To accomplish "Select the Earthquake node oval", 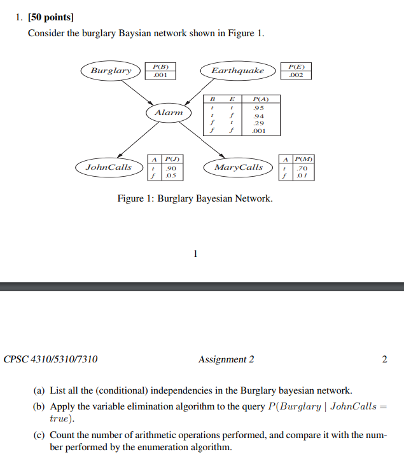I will [238, 71].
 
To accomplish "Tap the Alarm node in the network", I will [169, 113].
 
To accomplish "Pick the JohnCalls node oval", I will [109, 167].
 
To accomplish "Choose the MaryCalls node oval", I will [238, 167].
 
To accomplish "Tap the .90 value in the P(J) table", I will [171, 167].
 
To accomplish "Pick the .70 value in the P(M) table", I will [302, 167].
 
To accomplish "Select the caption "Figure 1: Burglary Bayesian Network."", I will [195, 199].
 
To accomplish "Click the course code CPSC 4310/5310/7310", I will [51, 359].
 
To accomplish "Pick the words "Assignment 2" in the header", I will [226, 359].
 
